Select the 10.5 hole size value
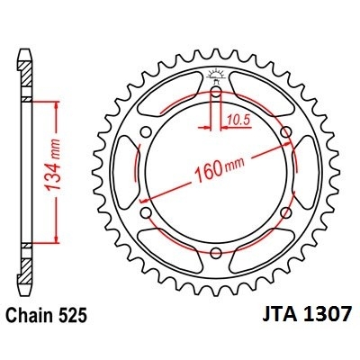237,117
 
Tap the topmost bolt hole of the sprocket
217,94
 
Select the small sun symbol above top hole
217,75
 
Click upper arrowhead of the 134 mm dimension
59,105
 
